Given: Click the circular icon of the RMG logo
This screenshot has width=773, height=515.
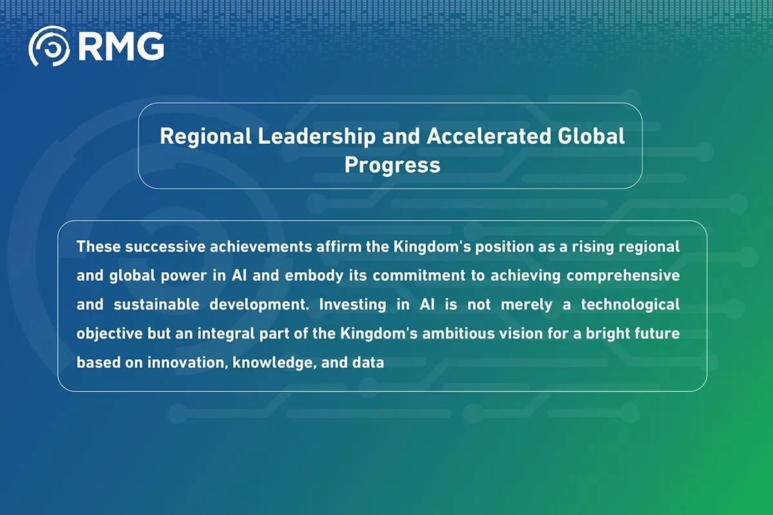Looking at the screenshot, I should coord(50,46).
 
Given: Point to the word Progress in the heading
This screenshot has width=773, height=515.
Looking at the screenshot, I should coord(392,164).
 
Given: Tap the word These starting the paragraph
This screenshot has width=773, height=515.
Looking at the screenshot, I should coord(98,247).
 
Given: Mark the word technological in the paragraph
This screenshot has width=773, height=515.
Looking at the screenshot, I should coord(630,304).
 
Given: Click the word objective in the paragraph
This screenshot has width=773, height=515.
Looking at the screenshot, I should coord(104,333).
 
